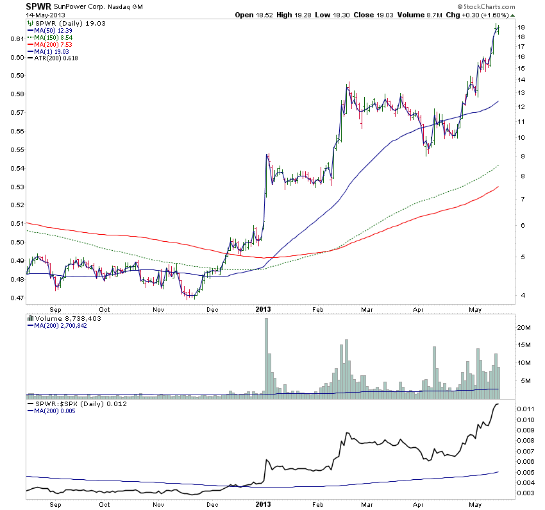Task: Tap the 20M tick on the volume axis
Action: tap(524, 327)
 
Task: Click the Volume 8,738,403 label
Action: tap(66, 318)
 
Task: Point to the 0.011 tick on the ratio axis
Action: tap(526, 409)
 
